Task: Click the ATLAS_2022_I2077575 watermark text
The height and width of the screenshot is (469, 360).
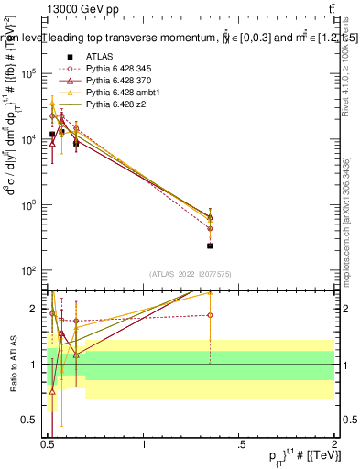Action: point(190,275)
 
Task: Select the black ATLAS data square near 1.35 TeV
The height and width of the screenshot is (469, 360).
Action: point(210,245)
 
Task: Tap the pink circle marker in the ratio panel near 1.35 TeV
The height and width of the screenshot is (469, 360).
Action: point(210,315)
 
